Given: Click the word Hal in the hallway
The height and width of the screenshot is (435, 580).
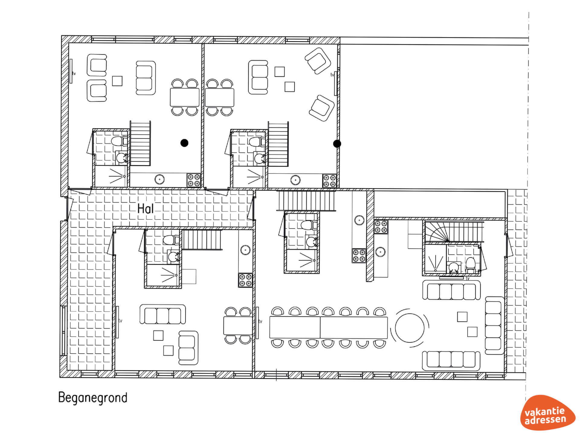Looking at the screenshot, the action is (x=145, y=208).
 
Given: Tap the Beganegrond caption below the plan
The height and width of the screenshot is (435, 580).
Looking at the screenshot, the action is (x=93, y=398).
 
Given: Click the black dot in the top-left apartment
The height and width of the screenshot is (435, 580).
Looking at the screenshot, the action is (x=184, y=143).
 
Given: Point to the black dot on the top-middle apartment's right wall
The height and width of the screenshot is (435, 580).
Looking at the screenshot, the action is (x=337, y=144).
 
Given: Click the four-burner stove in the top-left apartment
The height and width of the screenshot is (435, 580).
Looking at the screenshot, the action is (x=194, y=180).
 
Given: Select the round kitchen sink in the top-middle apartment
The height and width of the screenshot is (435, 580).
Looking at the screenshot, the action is (x=295, y=180).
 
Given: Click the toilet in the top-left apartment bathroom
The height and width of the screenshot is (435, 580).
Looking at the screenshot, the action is (x=119, y=141).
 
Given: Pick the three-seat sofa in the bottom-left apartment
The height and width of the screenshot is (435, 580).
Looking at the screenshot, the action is (x=163, y=314).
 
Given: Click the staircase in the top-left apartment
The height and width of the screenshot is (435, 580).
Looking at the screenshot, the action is (x=140, y=143).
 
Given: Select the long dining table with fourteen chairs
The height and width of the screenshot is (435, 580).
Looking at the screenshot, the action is (x=328, y=327).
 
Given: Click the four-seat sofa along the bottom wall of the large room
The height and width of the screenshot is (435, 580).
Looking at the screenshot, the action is (x=451, y=360).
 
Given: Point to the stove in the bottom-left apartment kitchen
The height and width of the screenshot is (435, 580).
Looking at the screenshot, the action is (x=245, y=280).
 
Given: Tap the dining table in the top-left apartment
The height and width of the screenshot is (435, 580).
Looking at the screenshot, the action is (x=185, y=97).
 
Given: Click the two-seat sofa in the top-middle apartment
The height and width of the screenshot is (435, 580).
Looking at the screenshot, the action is (x=258, y=77).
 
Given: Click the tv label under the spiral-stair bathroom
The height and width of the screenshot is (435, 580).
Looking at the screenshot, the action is (x=468, y=279).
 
